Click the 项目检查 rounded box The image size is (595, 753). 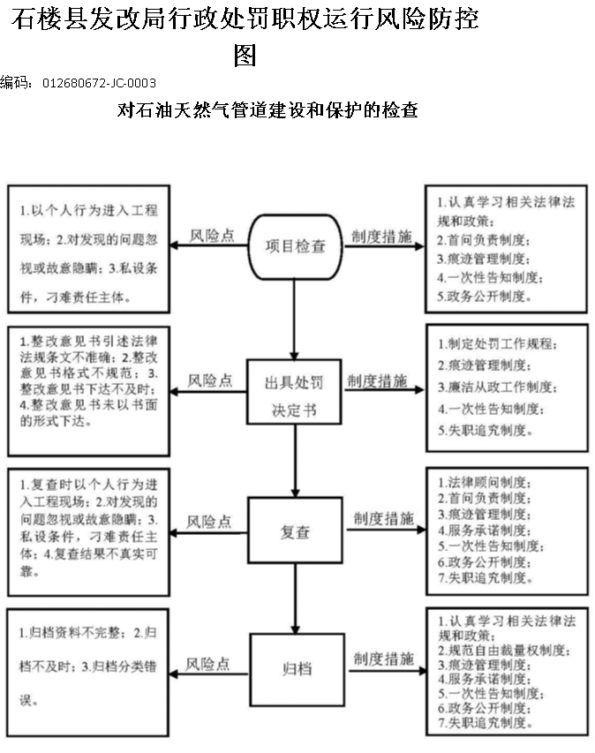(x=295, y=247)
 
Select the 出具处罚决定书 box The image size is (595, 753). (x=294, y=392)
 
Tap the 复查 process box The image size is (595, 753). (x=295, y=531)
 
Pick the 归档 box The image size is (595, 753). (x=297, y=669)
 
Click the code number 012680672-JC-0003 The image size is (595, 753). (x=100, y=83)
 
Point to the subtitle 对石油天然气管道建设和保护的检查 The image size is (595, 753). (x=267, y=110)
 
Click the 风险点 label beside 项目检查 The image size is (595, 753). (x=212, y=236)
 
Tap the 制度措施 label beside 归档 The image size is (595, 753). (x=384, y=659)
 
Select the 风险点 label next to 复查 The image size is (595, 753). (x=209, y=522)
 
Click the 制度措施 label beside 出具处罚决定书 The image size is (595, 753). (x=378, y=380)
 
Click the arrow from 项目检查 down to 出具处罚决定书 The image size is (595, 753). (x=294, y=320)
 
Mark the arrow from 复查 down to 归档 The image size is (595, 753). (x=296, y=599)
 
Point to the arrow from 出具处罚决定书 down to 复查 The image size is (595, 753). (x=296, y=461)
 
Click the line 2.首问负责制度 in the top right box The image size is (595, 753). (x=484, y=239)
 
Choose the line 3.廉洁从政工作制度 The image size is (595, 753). (x=498, y=387)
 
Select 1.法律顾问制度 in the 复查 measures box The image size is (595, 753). (x=485, y=482)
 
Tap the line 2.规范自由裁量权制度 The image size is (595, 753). (x=504, y=651)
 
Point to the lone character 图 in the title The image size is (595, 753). (x=245, y=56)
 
